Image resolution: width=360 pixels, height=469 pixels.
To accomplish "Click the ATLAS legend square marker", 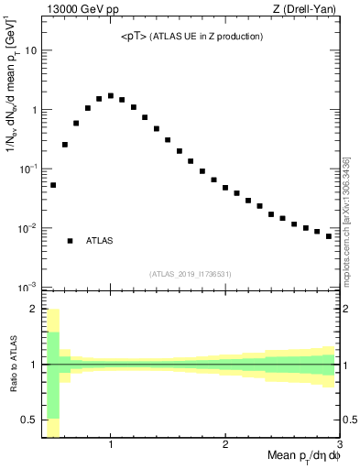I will pyautogui.click(x=70, y=241).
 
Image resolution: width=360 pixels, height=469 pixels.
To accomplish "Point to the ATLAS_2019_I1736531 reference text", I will pyautogui.click(x=191, y=274).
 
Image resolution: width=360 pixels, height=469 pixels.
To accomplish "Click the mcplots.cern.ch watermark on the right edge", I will pyautogui.click(x=346, y=220).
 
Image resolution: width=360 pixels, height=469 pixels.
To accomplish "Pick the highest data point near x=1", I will pyautogui.click(x=111, y=95).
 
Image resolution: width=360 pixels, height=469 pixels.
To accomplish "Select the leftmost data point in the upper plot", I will pyautogui.click(x=53, y=185).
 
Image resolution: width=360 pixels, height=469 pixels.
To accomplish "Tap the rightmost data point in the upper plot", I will pyautogui.click(x=329, y=235).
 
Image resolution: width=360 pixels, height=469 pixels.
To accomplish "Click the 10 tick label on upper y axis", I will pyautogui.click(x=31, y=50).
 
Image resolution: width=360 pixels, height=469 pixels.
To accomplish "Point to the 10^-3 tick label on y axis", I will pyautogui.click(x=27, y=287).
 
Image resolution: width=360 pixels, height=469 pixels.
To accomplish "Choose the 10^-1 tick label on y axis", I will pyautogui.click(x=27, y=169).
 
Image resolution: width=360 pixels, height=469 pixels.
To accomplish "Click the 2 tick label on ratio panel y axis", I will pyautogui.click(x=34, y=309).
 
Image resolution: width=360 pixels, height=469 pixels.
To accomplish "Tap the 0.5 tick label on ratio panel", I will pyautogui.click(x=30, y=420).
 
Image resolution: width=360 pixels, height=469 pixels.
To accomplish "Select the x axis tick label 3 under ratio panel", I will pyautogui.click(x=340, y=444).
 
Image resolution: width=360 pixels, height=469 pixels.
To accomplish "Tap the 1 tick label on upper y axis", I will pyautogui.click(x=34, y=110).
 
